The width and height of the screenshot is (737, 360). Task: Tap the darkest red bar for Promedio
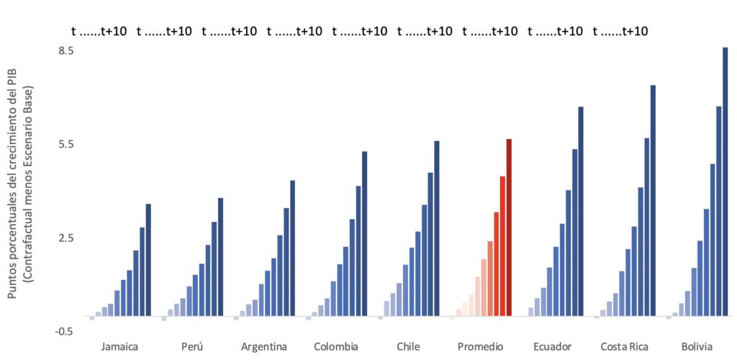[509, 228]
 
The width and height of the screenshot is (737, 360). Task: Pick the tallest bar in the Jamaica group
[148, 260]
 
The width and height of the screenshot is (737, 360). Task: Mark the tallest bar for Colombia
[364, 233]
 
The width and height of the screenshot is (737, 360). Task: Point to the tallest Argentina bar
[292, 248]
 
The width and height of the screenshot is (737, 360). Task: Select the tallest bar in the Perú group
[221, 257]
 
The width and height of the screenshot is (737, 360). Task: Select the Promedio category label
[481, 346]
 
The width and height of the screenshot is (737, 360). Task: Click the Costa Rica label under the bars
[624, 346]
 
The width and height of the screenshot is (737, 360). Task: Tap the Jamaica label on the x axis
[120, 346]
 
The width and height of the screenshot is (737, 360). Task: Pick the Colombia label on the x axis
[336, 346]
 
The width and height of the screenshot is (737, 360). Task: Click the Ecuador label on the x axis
[552, 346]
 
